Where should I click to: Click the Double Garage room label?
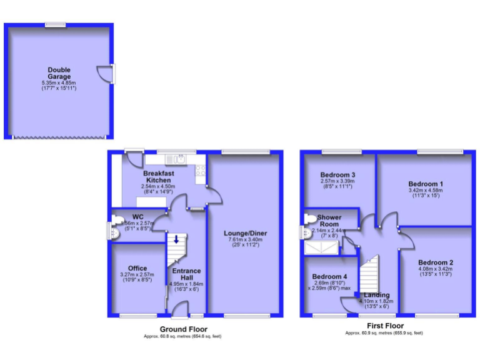click(x=59, y=73)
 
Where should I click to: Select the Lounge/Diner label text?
click(x=245, y=233)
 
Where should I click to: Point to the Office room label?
click(x=137, y=268)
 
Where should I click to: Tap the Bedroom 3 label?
click(x=337, y=174)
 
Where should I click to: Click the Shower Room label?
click(x=329, y=221)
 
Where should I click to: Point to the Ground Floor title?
click(x=183, y=329)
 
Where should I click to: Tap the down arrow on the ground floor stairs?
click(x=176, y=239)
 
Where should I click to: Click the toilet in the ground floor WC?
click(x=114, y=230)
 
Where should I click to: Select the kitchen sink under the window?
click(x=179, y=158)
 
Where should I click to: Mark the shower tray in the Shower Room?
click(x=321, y=248)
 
